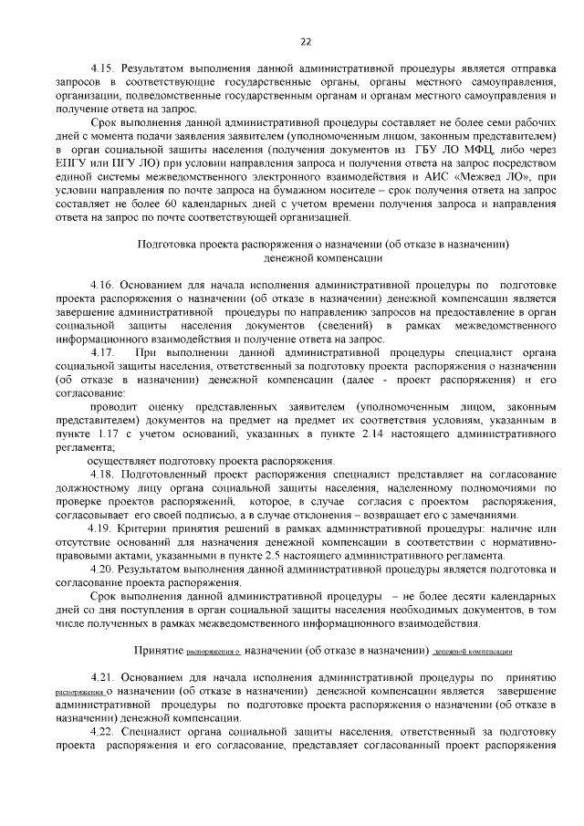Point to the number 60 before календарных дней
click(154, 204)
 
